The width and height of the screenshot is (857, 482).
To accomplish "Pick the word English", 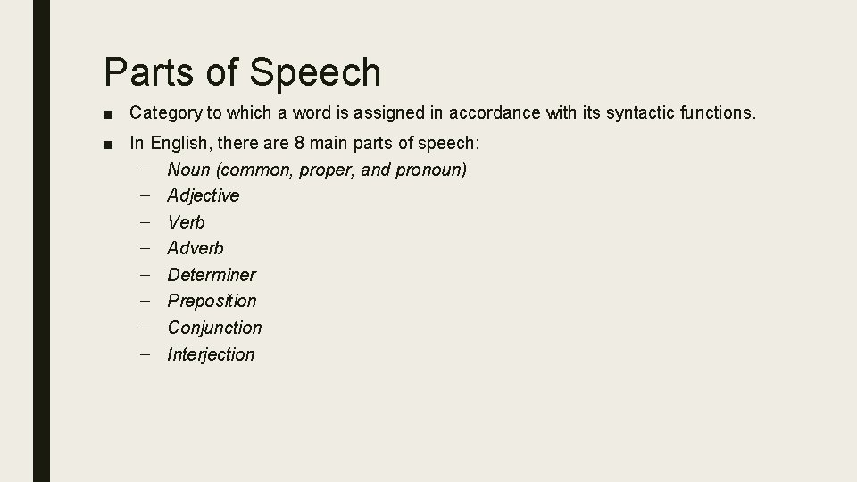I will click(x=180, y=143).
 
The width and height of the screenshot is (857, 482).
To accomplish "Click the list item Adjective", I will click(x=204, y=195).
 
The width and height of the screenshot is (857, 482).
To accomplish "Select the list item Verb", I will click(x=186, y=222).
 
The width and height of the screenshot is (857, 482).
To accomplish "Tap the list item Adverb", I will click(x=196, y=248).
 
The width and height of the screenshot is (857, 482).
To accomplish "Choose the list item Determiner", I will click(x=212, y=275).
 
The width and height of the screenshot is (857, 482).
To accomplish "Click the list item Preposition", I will click(x=212, y=301).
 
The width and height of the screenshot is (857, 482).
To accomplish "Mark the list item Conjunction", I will click(x=214, y=328).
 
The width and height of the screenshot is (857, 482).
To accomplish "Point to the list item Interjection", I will click(x=211, y=354).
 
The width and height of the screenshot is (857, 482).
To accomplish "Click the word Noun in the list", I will click(x=188, y=170).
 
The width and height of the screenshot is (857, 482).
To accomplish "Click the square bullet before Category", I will click(x=107, y=114).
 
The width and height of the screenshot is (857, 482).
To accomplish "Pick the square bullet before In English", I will click(x=107, y=144).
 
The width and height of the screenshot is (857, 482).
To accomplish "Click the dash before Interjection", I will click(x=145, y=354).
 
